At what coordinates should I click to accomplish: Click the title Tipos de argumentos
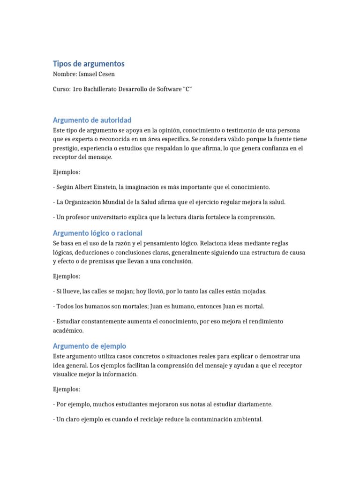[x=89, y=63]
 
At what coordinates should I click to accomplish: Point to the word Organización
[x=83, y=202]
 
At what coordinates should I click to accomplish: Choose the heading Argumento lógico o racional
[x=97, y=232]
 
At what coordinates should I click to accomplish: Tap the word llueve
[x=71, y=291]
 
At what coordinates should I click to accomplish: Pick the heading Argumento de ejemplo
[x=90, y=346]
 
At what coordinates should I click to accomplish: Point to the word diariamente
[x=253, y=404]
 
